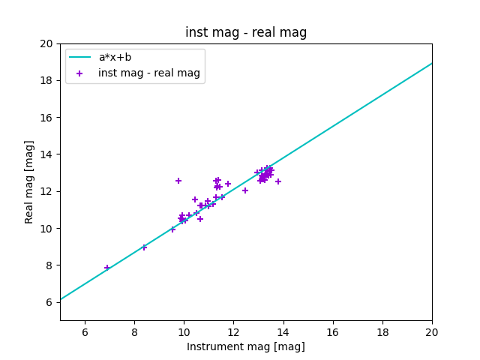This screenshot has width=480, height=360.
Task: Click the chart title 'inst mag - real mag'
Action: click(246, 32)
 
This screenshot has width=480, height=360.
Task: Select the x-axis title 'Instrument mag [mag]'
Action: click(246, 346)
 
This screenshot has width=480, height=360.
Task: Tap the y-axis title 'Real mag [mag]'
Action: click(29, 181)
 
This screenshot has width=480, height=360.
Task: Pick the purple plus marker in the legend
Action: click(79, 73)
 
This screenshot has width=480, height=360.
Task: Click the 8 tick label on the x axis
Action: click(134, 332)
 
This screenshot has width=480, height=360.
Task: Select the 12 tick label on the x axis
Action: click(233, 332)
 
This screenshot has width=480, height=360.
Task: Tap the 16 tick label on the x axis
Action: click(333, 332)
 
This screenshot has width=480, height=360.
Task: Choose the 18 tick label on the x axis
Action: click(382, 332)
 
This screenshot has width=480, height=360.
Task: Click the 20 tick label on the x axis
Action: click(432, 332)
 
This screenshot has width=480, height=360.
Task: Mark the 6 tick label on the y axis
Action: click(49, 302)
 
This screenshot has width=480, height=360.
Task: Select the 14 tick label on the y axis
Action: click(46, 154)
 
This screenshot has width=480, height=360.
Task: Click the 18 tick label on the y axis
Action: click(46, 80)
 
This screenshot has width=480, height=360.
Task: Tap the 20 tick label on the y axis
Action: click(46, 43)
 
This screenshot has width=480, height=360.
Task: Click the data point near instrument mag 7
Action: click(107, 268)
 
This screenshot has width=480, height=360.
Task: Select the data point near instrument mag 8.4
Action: click(144, 247)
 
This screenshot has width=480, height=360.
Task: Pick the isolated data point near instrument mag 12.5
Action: click(245, 190)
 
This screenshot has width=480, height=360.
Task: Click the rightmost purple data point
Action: click(278, 181)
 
